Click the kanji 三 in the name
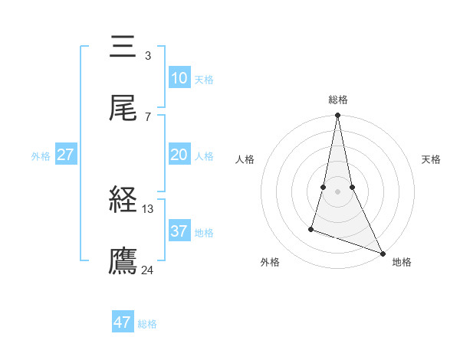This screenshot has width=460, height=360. (123, 47)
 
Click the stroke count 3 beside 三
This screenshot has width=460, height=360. (147, 55)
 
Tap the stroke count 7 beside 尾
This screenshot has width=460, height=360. (147, 116)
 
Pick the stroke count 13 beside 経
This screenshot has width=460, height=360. (148, 208)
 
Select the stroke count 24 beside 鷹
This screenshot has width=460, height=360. (148, 270)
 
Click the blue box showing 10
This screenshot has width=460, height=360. (179, 78)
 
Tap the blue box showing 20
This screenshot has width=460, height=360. (179, 155)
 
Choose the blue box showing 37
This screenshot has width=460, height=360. (179, 231)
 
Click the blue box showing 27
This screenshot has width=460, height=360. (65, 155)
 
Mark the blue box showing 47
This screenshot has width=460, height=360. (123, 322)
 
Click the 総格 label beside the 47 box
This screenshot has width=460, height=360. (147, 324)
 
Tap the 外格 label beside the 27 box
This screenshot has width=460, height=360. (41, 156)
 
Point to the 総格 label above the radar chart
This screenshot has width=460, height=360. (337, 100)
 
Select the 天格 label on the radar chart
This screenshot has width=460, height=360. (431, 159)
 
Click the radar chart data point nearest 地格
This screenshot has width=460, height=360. (382, 253)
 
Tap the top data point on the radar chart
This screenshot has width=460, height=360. (337, 116)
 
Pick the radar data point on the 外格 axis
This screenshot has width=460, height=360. (311, 228)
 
